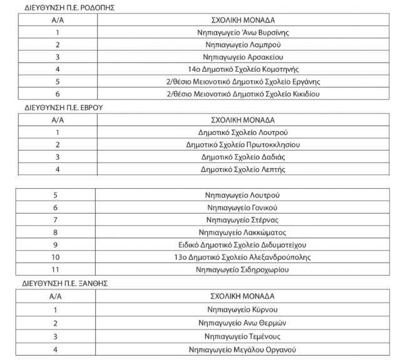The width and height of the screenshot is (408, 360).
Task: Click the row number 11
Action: [x=56, y=269]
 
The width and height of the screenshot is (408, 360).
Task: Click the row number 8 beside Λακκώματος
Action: [x=56, y=232]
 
